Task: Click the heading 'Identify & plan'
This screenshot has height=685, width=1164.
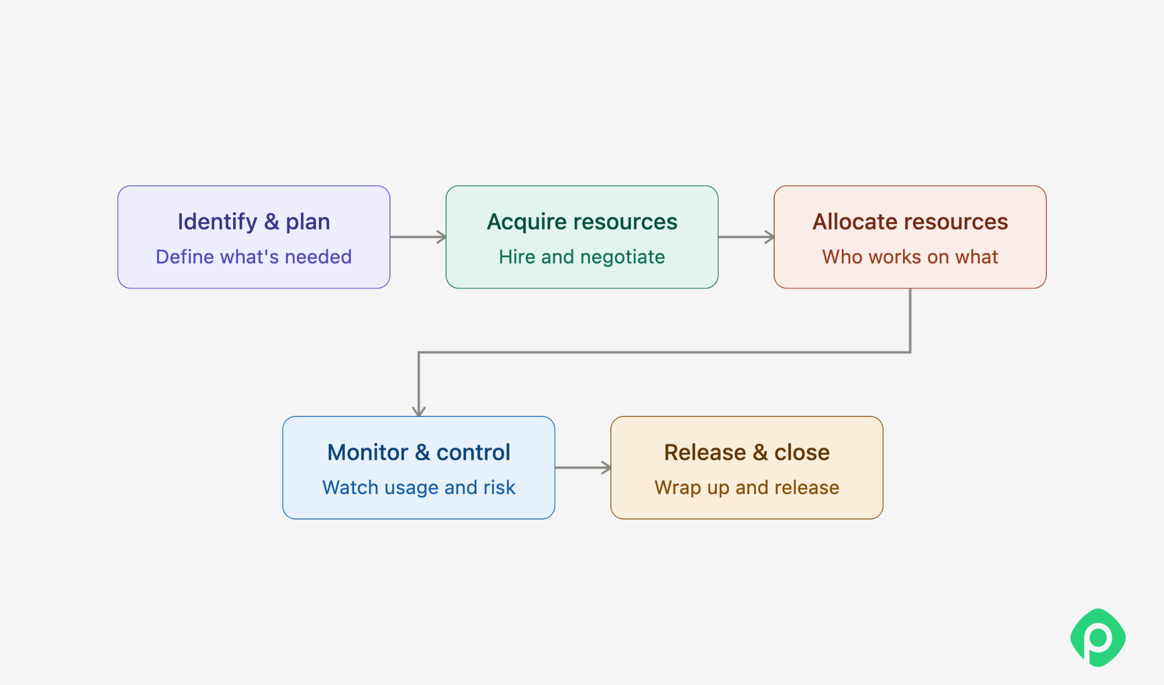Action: [x=253, y=222]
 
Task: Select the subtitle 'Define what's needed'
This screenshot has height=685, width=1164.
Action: [x=253, y=257]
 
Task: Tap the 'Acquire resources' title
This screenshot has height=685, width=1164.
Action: [x=582, y=222]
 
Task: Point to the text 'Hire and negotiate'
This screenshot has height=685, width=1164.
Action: [x=582, y=258]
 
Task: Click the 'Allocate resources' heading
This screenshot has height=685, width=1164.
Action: [x=910, y=222]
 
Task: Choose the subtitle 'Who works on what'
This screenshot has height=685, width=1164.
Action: [x=910, y=257]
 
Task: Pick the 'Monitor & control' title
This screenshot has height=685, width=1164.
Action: [x=419, y=452]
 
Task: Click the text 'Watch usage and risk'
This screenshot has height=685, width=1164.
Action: [x=419, y=488]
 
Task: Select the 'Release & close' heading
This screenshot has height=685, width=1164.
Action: [x=747, y=452]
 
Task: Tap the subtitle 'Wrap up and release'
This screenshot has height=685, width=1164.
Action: [x=747, y=488]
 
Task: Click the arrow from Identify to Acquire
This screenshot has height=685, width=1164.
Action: [x=418, y=237]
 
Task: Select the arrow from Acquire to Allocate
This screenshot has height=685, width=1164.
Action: [x=746, y=237]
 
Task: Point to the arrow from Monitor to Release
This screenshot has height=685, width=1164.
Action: [x=583, y=468]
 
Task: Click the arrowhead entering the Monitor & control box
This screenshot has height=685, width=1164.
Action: [x=419, y=412]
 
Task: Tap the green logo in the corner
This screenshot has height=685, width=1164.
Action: [x=1098, y=637]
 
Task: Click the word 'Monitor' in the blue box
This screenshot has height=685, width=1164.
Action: [x=368, y=452]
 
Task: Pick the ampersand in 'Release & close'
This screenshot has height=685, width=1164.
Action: [x=760, y=452]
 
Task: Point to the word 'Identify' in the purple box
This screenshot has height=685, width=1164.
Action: [x=218, y=222]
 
